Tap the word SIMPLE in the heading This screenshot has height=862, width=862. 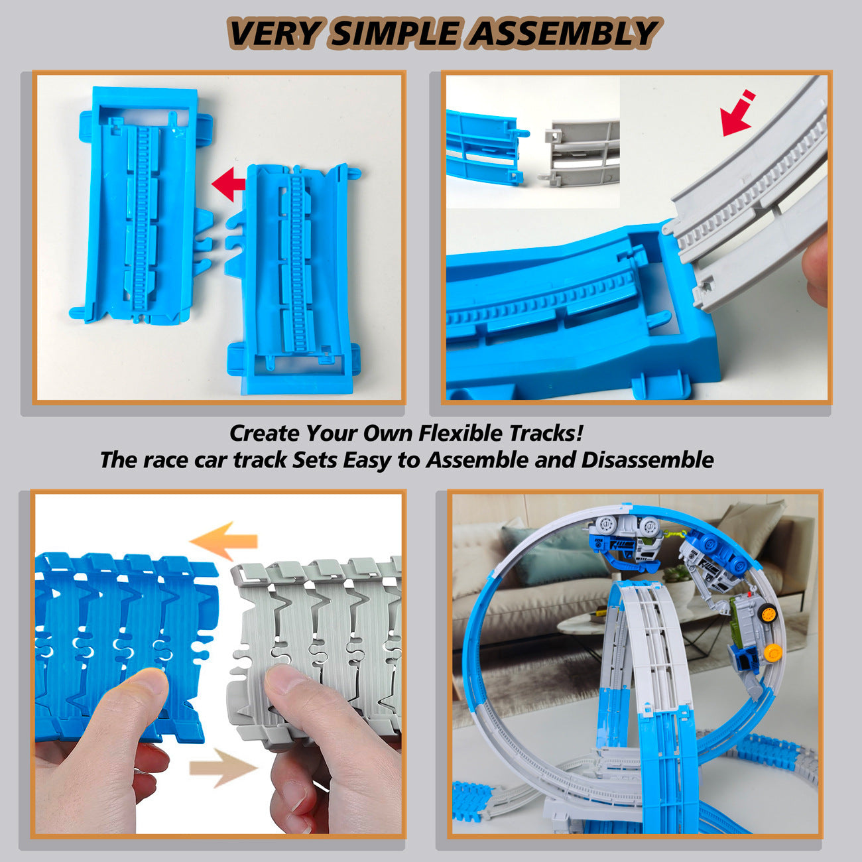(396, 34)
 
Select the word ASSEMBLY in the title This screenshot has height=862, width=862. (562, 34)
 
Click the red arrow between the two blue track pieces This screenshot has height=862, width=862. (227, 184)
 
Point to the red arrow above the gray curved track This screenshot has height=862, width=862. (738, 114)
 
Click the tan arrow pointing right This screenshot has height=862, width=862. (223, 767)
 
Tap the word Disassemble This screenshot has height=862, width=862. (647, 460)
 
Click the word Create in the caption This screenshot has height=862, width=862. (264, 433)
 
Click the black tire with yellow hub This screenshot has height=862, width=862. (769, 613)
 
